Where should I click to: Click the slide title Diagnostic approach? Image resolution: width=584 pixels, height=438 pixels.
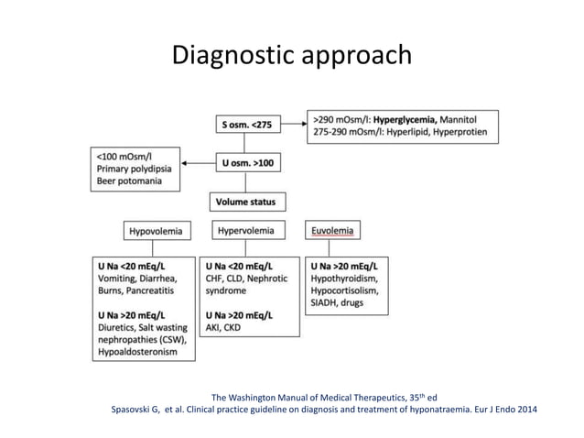pos(292,57)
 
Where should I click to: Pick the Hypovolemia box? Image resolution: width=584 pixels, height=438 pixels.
pos(155,232)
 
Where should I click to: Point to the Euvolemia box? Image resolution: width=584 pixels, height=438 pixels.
pos(334,231)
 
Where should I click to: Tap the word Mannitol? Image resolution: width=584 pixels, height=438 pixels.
pos(466,119)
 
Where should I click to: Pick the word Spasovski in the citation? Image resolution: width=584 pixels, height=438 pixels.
pos(135,410)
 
